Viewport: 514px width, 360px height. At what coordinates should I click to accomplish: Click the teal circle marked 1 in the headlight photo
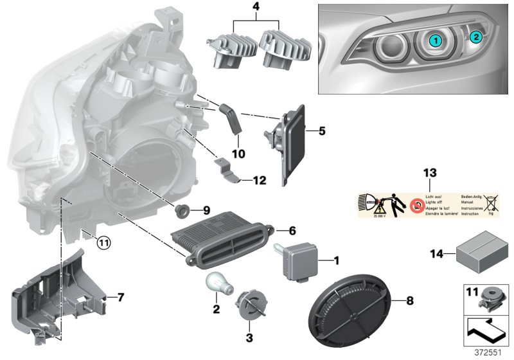tap(435, 40)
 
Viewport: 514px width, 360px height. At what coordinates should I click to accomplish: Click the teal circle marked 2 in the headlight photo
tap(475, 37)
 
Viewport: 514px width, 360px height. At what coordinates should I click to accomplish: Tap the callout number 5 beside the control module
tap(321, 131)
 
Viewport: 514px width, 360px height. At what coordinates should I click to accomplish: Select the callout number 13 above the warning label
tap(429, 173)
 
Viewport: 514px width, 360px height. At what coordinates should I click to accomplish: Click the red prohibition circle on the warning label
tap(418, 205)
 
